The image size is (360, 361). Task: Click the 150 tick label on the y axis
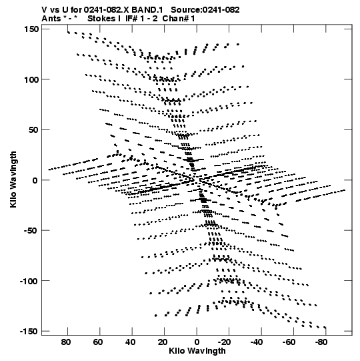31,29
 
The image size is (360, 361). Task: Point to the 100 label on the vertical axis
31,79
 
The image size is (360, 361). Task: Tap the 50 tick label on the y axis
33,130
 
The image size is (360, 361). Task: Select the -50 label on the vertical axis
31,231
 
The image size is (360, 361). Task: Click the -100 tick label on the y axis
29,281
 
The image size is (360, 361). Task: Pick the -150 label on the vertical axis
29,332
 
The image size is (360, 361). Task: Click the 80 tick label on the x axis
66,342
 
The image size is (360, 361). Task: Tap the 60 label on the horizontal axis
98,342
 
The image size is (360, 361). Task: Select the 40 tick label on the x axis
131,342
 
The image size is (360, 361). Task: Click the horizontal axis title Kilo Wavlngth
197,351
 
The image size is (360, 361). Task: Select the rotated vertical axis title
13,179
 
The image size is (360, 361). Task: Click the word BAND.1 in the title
147,10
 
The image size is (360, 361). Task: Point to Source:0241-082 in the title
205,10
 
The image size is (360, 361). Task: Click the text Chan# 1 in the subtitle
179,19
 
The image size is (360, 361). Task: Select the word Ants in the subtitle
51,19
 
